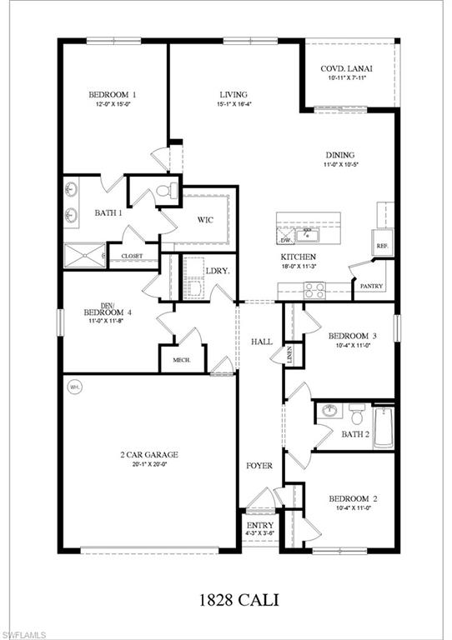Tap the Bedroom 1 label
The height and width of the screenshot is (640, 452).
pos(113,95)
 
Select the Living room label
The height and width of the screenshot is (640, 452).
pos(234,95)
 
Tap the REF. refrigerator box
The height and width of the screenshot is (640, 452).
pos(383,246)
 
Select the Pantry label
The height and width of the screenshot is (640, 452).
pos(369,286)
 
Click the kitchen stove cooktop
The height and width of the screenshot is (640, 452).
pos(314,289)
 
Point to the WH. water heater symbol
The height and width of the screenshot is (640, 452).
pos(75,387)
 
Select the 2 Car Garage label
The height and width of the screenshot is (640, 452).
pos(150,455)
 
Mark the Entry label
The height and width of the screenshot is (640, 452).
pos(260,526)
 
